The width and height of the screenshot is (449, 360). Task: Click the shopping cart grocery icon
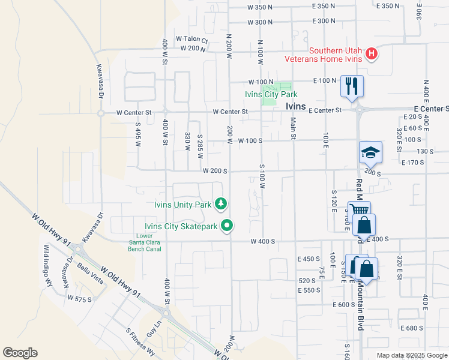pos(358,211)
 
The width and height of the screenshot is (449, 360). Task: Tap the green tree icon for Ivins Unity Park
pos(221,204)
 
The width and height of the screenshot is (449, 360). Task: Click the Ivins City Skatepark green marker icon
pos(227,226)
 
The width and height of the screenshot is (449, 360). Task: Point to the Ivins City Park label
pos(271,94)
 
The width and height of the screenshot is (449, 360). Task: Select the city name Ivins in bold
pos(295,106)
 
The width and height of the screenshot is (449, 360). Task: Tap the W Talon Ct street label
pos(191,40)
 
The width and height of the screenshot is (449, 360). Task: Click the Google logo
pos(20,353)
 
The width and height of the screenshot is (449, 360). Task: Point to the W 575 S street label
pos(80,298)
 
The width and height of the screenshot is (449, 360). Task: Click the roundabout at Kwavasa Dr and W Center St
pos(101,112)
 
